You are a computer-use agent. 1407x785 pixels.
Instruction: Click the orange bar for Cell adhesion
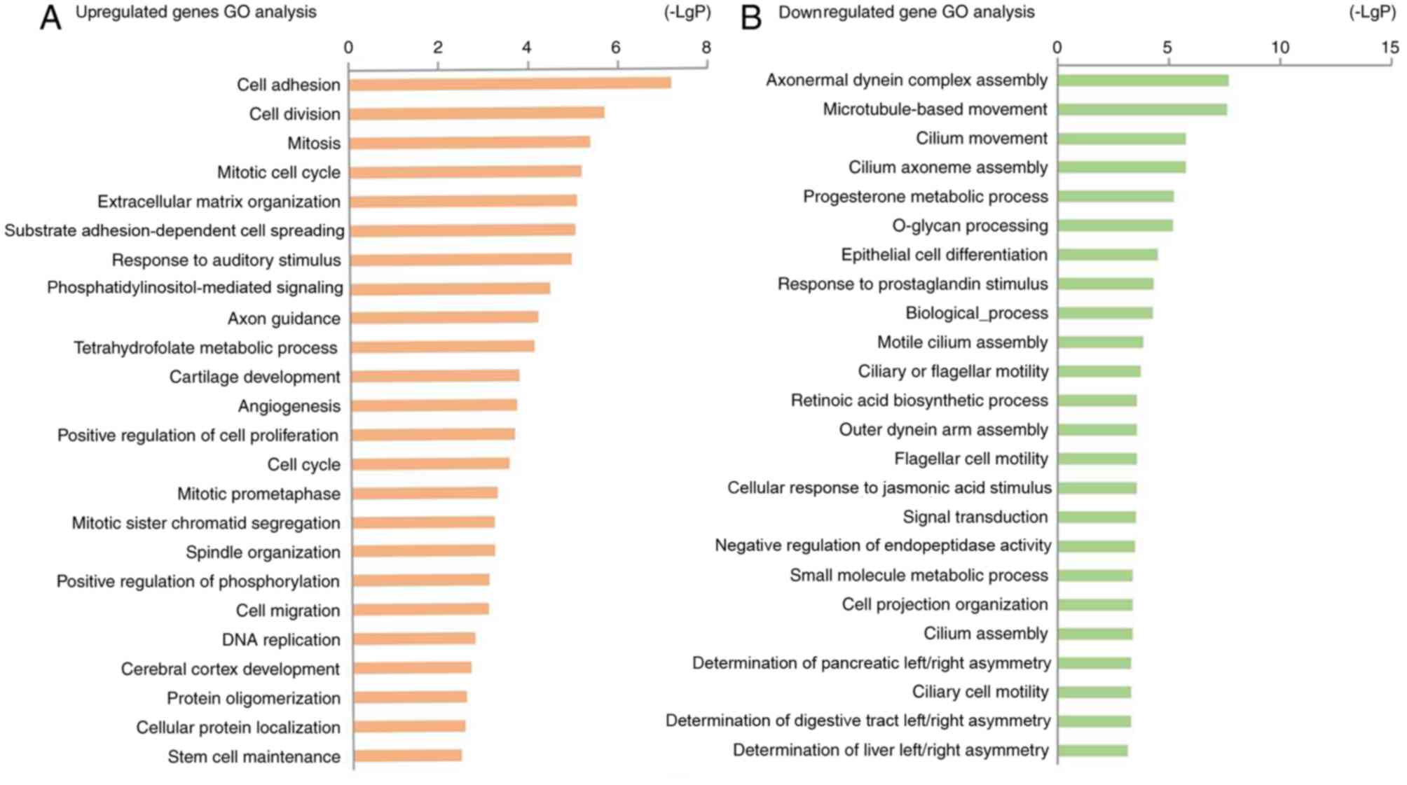pyautogui.click(x=509, y=84)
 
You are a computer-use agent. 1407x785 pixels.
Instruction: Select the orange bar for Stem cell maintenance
pyautogui.click(x=407, y=756)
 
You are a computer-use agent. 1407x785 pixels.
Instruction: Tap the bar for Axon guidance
pyautogui.click(x=444, y=317)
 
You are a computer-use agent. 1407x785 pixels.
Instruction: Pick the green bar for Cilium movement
pyautogui.click(x=1121, y=139)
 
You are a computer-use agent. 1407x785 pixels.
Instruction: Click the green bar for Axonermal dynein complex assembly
pyautogui.click(x=1142, y=81)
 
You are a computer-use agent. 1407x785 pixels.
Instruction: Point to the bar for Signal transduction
pyautogui.click(x=1097, y=517)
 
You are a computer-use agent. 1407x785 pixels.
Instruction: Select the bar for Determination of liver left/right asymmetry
pyautogui.click(x=1092, y=751)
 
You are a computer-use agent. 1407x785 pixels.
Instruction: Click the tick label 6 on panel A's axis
pyautogui.click(x=616, y=48)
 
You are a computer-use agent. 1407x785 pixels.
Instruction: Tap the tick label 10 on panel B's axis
pyautogui.click(x=1279, y=48)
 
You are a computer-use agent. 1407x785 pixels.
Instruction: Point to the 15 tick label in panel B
pyautogui.click(x=1390, y=48)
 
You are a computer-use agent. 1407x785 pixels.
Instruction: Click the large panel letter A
pyautogui.click(x=50, y=18)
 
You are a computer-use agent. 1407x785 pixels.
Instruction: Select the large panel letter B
pyautogui.click(x=750, y=18)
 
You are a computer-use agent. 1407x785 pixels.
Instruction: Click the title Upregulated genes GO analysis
pyautogui.click(x=195, y=12)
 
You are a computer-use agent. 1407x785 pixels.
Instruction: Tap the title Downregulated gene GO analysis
pyautogui.click(x=906, y=12)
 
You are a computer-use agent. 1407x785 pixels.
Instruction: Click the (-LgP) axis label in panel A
pyautogui.click(x=687, y=12)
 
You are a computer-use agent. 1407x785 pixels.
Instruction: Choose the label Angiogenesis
pyautogui.click(x=289, y=406)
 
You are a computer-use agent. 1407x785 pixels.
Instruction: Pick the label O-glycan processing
pyautogui.click(x=970, y=225)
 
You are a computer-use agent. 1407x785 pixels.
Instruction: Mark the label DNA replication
pyautogui.click(x=281, y=639)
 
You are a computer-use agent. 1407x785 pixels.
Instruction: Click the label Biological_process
pyautogui.click(x=977, y=313)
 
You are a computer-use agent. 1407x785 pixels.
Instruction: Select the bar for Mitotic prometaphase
pyautogui.click(x=425, y=493)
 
